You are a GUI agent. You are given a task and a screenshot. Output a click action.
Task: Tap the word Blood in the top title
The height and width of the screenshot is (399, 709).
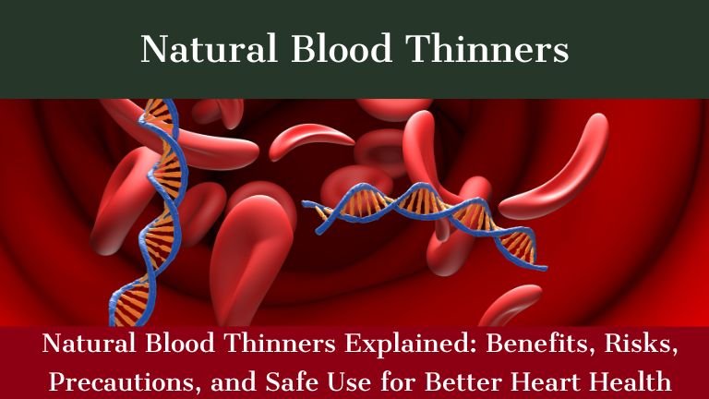(333, 49)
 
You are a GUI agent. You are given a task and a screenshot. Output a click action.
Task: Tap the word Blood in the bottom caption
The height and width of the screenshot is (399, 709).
(175, 348)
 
